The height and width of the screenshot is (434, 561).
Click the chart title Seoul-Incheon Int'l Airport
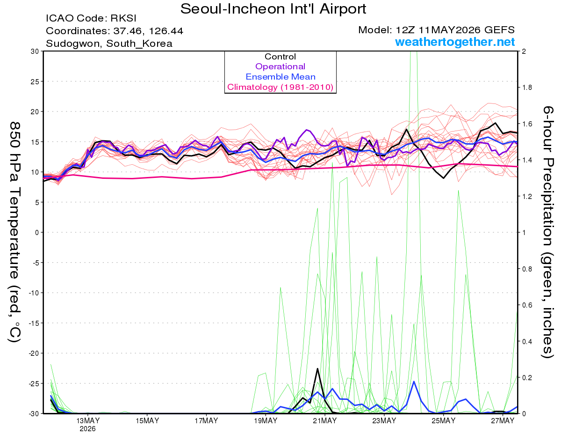pyautogui.click(x=273, y=9)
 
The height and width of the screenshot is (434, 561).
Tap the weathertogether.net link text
pyautogui.click(x=455, y=42)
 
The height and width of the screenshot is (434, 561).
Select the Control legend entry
pyautogui.click(x=280, y=57)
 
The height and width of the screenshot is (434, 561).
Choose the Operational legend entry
pyautogui.click(x=280, y=66)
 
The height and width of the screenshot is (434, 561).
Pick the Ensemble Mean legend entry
pyautogui.click(x=280, y=77)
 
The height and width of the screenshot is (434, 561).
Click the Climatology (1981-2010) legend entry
pyautogui.click(x=280, y=87)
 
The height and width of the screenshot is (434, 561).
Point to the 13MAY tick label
pyautogui.click(x=88, y=420)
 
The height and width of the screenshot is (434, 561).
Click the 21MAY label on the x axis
pyautogui.click(x=325, y=420)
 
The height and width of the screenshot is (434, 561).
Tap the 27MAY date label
pyautogui.click(x=503, y=420)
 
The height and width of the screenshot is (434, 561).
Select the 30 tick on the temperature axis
pyautogui.click(x=35, y=51)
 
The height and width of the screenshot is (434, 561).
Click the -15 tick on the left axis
pyautogui.click(x=34, y=323)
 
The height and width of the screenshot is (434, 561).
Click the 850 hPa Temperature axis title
pyautogui.click(x=14, y=232)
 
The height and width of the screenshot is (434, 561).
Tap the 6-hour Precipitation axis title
pyautogui.click(x=547, y=232)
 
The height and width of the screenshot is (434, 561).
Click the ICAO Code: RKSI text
pyautogui.click(x=91, y=18)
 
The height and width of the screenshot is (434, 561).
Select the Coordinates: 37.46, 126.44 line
pyautogui.click(x=115, y=31)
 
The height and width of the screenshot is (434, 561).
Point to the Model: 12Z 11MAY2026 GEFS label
pyautogui.click(x=436, y=30)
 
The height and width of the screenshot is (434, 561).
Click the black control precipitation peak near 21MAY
pyautogui.click(x=317, y=368)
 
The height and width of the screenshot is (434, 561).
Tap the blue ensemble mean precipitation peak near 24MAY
pyautogui.click(x=414, y=381)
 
